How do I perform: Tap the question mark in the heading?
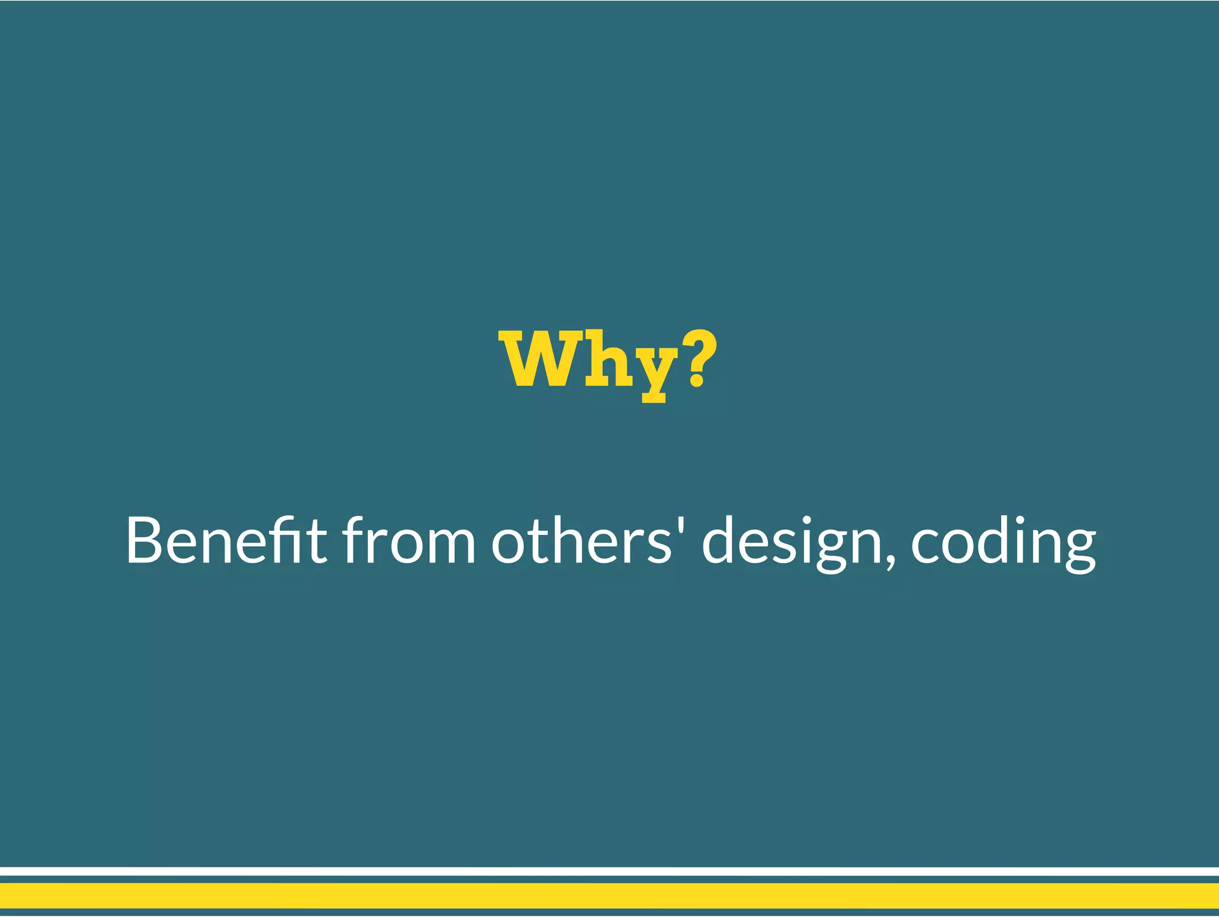[698, 357]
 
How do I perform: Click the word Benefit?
[226, 540]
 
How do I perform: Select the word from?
[408, 540]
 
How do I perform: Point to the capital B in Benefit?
[144, 540]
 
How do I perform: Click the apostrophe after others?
[681, 527]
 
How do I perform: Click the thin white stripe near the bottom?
[609, 871]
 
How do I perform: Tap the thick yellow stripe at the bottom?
[609, 896]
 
